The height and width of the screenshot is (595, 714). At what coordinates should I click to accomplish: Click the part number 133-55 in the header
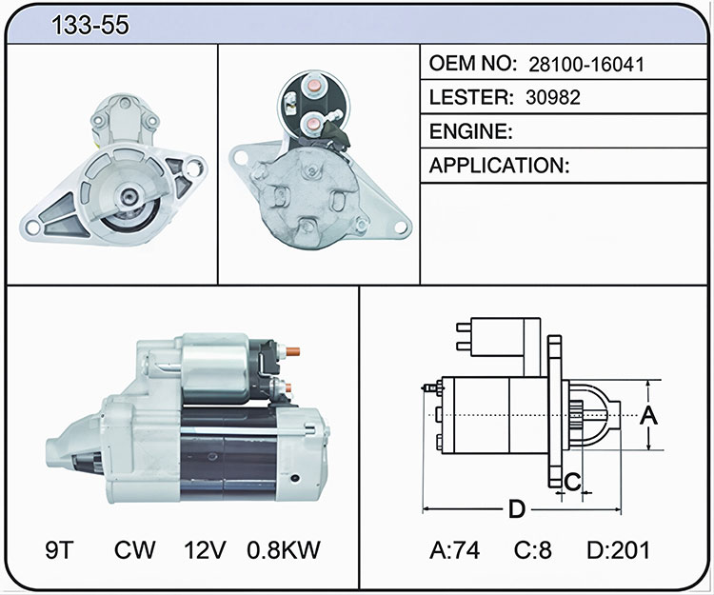click(90, 25)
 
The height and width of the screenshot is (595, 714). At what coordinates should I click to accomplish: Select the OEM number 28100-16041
click(586, 65)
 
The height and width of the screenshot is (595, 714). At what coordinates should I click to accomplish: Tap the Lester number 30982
click(553, 97)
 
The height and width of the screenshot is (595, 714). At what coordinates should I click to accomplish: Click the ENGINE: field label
click(471, 131)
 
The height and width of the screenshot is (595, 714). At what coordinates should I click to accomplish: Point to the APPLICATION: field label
click(499, 166)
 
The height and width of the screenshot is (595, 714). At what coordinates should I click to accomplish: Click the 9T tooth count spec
click(59, 549)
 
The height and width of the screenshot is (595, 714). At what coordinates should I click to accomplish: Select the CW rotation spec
click(135, 549)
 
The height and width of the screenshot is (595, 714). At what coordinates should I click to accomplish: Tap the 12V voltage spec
click(205, 549)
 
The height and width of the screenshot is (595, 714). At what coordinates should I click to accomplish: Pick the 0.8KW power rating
click(284, 549)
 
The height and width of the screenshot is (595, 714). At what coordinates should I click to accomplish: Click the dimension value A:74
click(454, 550)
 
